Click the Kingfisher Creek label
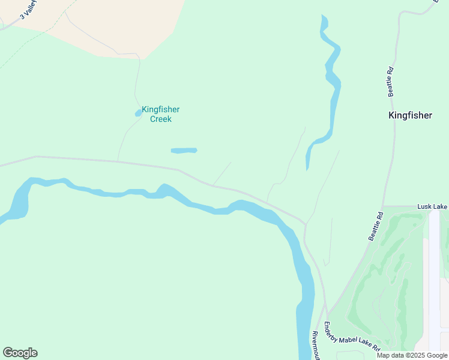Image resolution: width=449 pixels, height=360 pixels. click(x=160, y=114)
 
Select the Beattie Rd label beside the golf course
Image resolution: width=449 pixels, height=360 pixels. click(x=376, y=226)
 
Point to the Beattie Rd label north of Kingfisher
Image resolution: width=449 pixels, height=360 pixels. click(x=391, y=81)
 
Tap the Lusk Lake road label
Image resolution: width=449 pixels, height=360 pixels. click(x=432, y=206)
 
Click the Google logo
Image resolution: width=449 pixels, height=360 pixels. click(x=20, y=353)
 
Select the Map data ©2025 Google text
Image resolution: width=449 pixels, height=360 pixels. click(x=412, y=355)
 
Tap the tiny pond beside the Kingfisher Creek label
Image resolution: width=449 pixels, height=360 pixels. click(x=138, y=112)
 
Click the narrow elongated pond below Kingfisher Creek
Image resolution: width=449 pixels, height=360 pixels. click(x=184, y=150)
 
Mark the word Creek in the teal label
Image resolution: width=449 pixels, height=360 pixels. click(x=160, y=119)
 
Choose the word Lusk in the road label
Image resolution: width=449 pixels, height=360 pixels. click(x=425, y=206)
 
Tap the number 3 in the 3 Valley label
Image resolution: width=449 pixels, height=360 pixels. click(x=21, y=16)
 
